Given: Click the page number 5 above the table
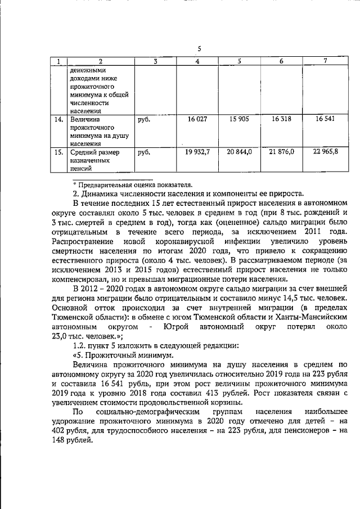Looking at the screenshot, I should pos(199,48).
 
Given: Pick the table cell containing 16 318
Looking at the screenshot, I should pos(282,119).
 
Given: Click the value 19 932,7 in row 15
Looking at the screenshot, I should pos(197,152).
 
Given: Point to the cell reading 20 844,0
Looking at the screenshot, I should pos(240,152).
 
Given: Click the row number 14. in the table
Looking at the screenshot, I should pos(57,120).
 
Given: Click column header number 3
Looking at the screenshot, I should pos(155,61).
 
